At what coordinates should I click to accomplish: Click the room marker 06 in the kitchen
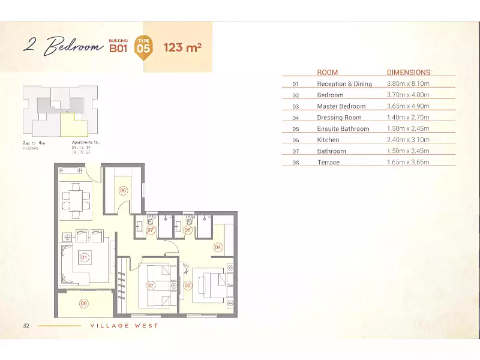pos(123,190)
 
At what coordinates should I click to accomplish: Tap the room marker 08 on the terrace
pos(84,304)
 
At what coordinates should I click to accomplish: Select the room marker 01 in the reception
pos(85,259)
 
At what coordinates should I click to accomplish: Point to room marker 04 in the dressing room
pos(218,247)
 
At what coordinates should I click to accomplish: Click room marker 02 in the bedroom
pos(151,286)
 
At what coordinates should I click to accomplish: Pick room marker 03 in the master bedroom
pos(187,286)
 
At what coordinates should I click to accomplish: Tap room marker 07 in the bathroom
pos(151,229)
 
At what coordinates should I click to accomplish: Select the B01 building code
pos(119,49)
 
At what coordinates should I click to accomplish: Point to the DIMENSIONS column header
pos(409,73)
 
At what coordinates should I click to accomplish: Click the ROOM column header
pos(328,73)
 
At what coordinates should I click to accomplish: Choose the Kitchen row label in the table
pos(328,140)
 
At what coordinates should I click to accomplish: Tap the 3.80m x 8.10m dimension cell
pos(408,84)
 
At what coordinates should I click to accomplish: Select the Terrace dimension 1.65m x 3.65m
pos(408,163)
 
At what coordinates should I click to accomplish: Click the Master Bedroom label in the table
pos(341,106)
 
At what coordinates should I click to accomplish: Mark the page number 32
pos(26,326)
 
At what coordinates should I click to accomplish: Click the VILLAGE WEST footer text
pos(124,326)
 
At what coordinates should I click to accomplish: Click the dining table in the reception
pos(76,197)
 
